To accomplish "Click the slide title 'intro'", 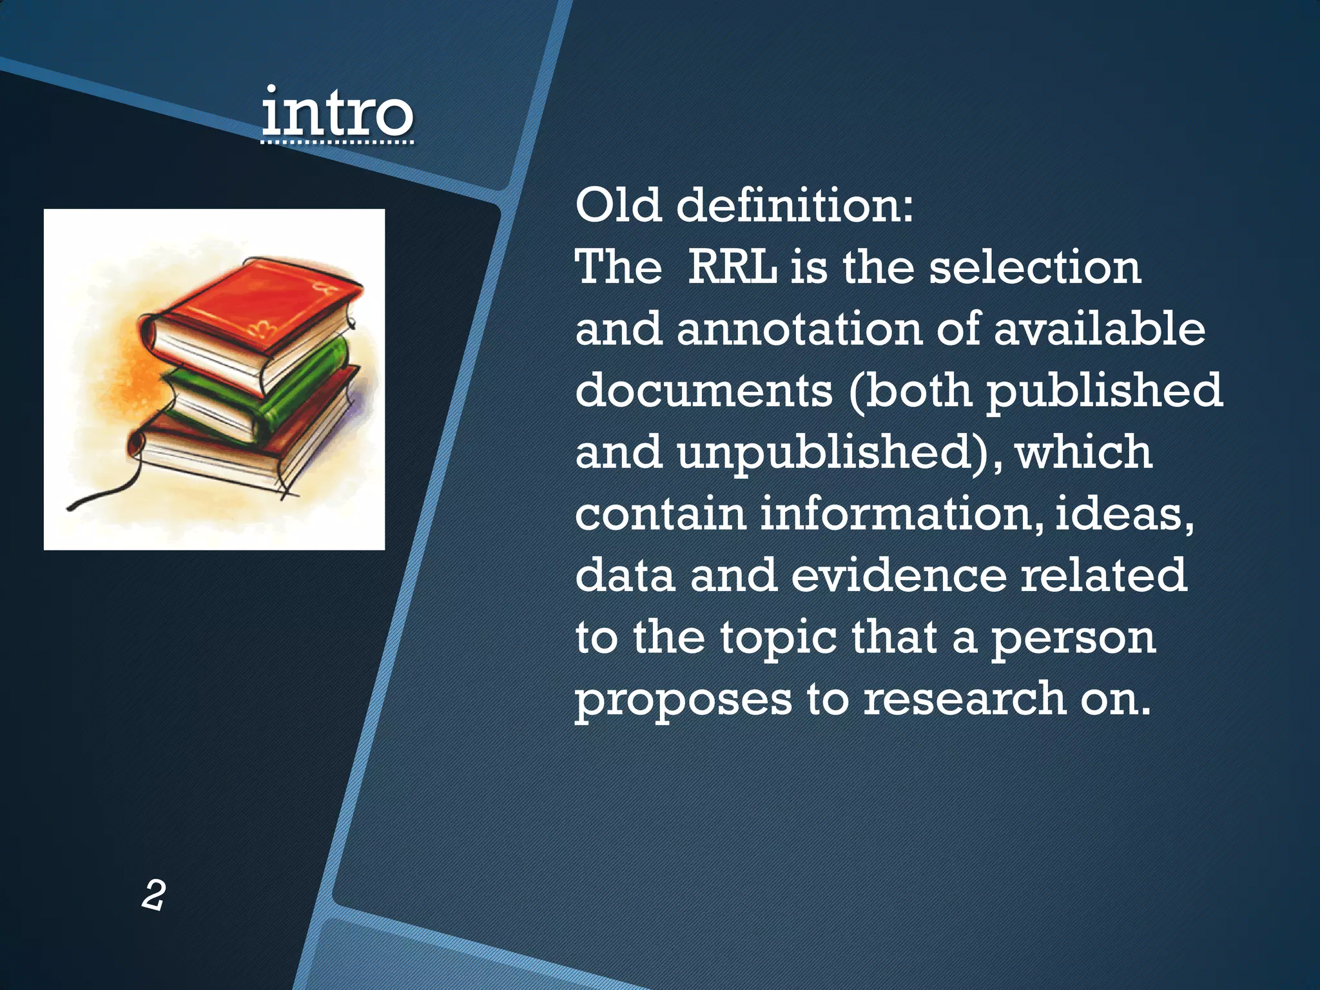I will tap(337, 113).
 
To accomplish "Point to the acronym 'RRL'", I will tap(733, 267).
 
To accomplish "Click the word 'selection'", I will tap(1035, 267).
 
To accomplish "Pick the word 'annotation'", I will tap(799, 329).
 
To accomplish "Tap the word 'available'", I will tap(1100, 329).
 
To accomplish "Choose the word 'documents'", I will tap(704, 391).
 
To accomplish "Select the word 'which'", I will tap(1084, 452).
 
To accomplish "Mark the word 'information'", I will tap(899, 514).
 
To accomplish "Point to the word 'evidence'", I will tap(898, 575).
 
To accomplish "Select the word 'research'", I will tap(964, 699).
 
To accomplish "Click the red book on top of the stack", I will tap(258, 309).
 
